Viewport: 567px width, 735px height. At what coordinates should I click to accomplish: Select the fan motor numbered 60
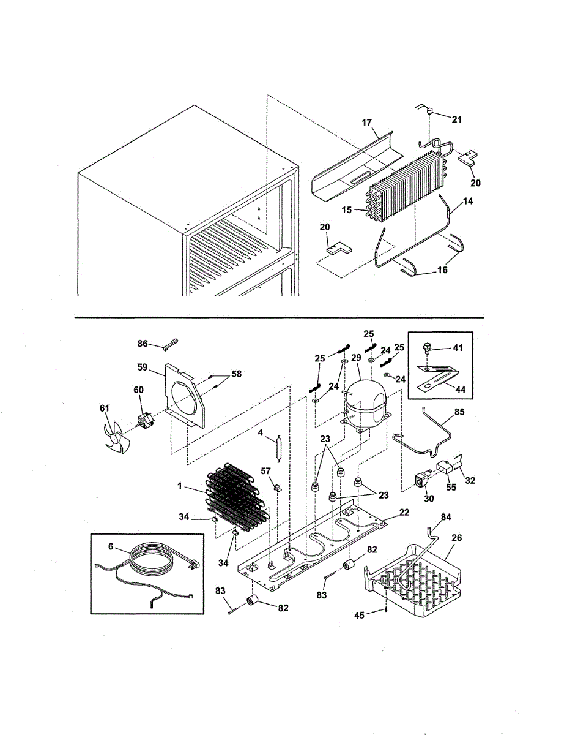[144, 420]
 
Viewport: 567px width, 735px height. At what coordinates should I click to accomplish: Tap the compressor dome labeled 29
[365, 404]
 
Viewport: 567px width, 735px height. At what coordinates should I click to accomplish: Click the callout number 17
[366, 123]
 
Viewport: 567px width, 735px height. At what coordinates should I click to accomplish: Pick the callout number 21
[456, 119]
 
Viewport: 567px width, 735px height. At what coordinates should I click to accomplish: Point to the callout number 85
[458, 412]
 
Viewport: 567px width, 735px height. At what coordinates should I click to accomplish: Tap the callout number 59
[142, 367]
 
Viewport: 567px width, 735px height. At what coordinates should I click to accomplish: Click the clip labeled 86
[169, 347]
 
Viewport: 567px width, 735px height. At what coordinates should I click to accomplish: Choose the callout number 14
[467, 200]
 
